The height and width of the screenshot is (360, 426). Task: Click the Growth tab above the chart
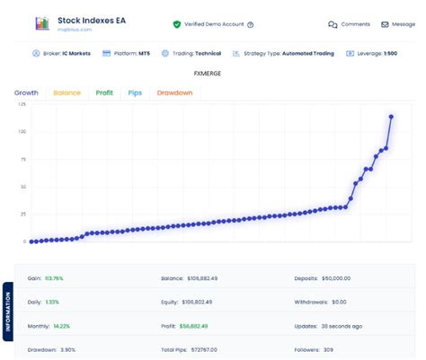tap(26, 92)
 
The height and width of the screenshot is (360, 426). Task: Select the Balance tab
tap(67, 92)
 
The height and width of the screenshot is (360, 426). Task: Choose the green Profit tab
tap(104, 92)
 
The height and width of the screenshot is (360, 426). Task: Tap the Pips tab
tap(135, 92)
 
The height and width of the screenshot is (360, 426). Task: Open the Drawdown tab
tap(174, 92)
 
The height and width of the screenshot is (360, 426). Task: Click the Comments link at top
tap(349, 25)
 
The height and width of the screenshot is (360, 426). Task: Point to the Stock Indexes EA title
tap(93, 19)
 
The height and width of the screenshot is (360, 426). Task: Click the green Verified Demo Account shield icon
tap(177, 24)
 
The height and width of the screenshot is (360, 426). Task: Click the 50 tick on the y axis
tap(22, 187)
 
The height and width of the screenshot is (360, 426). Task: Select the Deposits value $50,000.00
tap(335, 279)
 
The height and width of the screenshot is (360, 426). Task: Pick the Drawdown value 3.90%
tap(65, 348)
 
